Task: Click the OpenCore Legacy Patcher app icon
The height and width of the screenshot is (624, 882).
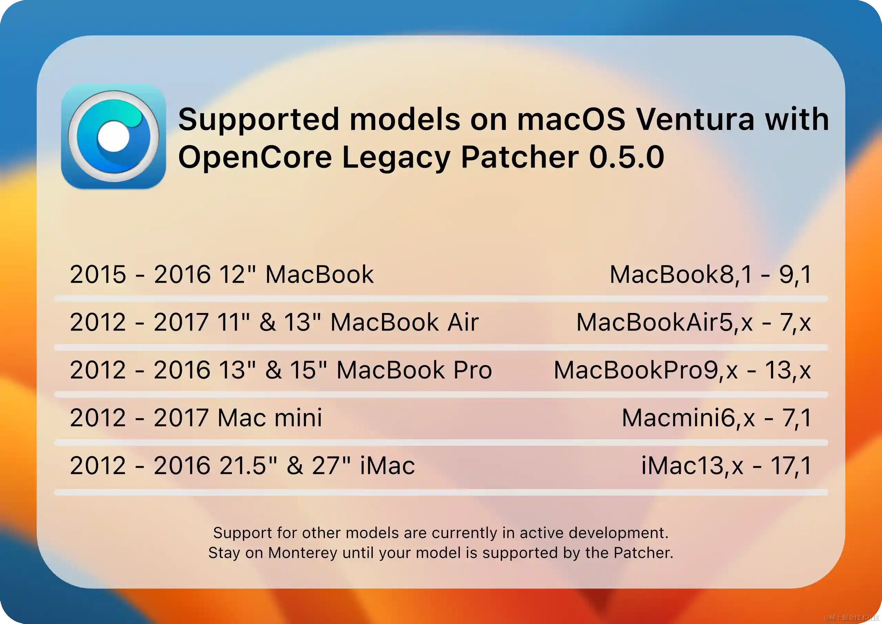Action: [x=113, y=137]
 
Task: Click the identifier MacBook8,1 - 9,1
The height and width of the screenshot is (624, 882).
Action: [x=711, y=274]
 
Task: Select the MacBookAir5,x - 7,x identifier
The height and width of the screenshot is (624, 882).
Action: [x=694, y=322]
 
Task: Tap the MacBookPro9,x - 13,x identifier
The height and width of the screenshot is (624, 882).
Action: [x=682, y=370]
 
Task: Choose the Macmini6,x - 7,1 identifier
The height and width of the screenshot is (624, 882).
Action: [x=716, y=418]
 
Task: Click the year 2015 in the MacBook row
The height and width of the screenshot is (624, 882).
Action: [x=98, y=274]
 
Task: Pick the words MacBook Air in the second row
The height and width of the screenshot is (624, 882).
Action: [x=404, y=322]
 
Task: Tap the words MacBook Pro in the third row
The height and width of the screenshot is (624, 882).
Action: [x=414, y=370]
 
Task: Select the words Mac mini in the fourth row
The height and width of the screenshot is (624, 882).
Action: [x=270, y=418]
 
